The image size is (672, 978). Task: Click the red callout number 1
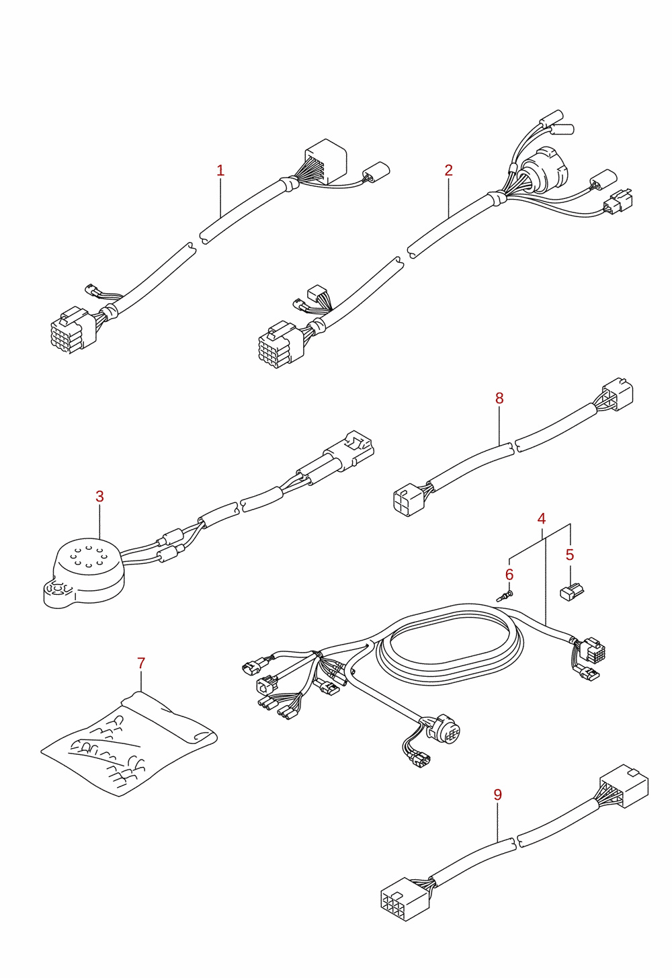[220, 170]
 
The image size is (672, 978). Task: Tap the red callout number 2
[449, 170]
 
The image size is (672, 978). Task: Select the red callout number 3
[99, 497]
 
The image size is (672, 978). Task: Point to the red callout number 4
[542, 519]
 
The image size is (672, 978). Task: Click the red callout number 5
[570, 555]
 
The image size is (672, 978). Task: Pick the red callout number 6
[509, 575]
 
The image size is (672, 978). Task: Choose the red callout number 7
[141, 663]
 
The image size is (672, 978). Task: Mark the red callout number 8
[500, 398]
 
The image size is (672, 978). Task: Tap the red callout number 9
[498, 794]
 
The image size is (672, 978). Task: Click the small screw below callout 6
[505, 596]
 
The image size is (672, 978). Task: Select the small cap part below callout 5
[572, 592]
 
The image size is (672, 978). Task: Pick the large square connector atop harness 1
[325, 161]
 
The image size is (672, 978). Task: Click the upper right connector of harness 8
[618, 395]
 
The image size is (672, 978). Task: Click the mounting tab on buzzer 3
[58, 593]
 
